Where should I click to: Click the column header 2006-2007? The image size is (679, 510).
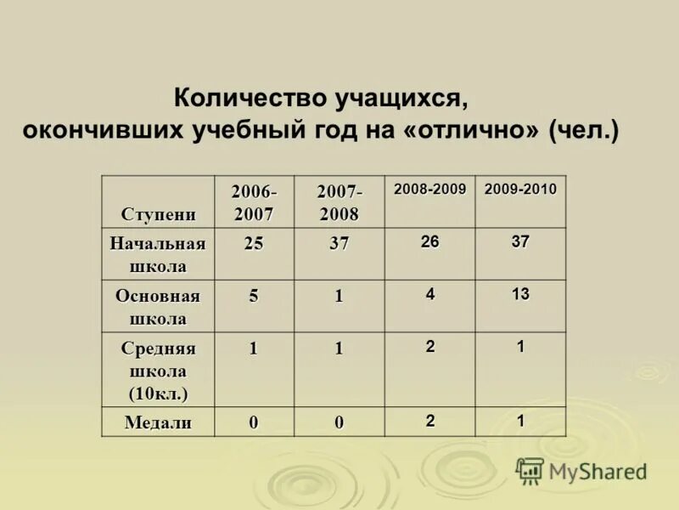coord(254,201)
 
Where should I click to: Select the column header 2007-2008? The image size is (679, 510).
coord(339,201)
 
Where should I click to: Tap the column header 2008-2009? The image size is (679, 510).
coord(429,189)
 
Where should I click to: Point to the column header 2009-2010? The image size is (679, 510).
coord(520,189)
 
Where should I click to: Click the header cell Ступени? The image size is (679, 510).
coord(158,213)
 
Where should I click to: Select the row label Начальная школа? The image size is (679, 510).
coord(158,254)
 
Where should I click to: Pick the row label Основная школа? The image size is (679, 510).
coord(158,307)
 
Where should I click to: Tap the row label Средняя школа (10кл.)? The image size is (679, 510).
coord(158,371)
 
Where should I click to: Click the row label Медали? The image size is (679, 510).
coord(158,422)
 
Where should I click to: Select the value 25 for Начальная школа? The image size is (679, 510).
coord(254,243)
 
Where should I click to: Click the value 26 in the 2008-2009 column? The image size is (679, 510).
coord(429,241)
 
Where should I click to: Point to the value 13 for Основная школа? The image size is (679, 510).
coord(520,293)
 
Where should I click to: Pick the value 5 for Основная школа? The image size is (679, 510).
coord(254,296)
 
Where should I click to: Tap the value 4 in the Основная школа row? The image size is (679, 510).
coord(430,293)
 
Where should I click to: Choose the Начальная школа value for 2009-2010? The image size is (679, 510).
coord(520,241)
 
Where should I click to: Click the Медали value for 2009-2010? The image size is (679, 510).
coord(520,420)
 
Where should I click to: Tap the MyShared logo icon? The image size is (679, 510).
coord(530,470)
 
